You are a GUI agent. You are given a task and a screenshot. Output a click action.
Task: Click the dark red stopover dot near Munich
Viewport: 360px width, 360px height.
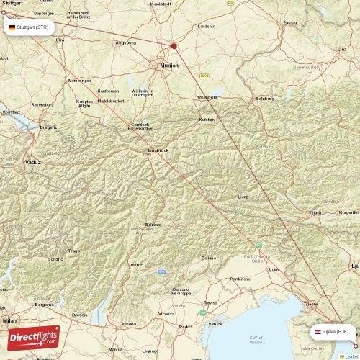[x=174, y=45]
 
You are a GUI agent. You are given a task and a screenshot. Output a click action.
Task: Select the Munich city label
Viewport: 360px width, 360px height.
[x=169, y=65]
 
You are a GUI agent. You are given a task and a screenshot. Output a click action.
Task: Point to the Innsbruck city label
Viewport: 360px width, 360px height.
[x=158, y=150]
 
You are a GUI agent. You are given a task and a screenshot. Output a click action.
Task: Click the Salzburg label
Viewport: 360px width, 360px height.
[x=265, y=98]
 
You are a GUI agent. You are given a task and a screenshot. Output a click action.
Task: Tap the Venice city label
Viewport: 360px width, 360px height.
[x=215, y=324]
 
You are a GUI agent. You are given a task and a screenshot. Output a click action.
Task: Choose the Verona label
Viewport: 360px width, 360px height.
[x=129, y=324]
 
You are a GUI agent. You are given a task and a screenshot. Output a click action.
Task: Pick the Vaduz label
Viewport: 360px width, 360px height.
[x=33, y=162]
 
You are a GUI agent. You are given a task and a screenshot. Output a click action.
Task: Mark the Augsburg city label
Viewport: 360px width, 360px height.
[x=125, y=42]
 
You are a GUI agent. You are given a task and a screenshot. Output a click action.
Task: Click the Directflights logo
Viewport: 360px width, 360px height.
[x=34, y=338]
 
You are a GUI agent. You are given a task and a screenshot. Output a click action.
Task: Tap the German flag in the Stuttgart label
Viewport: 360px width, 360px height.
[x=12, y=27]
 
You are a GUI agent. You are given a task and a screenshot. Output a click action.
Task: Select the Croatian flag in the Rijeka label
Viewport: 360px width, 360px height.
[x=318, y=332]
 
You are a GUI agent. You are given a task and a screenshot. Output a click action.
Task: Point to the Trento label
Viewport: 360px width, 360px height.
[x=137, y=265]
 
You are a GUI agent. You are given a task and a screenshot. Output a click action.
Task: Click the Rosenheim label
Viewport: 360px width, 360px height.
[x=207, y=97]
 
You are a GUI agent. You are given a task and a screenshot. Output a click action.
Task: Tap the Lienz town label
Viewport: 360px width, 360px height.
[x=244, y=195]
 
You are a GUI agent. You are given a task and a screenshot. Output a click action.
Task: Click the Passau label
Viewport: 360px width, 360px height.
[x=290, y=22]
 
